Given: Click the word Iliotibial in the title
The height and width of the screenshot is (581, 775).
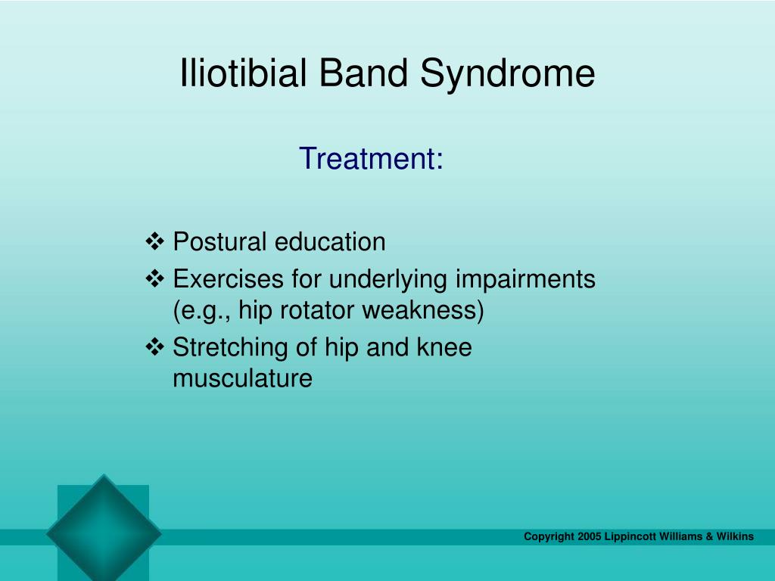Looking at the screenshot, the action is [x=243, y=73].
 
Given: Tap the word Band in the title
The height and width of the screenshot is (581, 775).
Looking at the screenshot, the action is [x=363, y=73].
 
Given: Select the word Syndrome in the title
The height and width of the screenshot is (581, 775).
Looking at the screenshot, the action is [x=508, y=75].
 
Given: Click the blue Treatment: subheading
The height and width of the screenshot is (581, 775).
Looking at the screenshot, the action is [x=371, y=158].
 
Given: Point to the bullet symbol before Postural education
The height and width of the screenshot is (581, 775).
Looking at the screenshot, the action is [x=155, y=241].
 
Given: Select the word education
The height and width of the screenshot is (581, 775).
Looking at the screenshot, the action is [x=330, y=241].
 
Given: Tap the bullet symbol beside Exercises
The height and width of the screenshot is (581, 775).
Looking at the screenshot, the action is [x=155, y=278].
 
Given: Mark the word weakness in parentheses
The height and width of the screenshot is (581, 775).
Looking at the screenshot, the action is [x=419, y=310].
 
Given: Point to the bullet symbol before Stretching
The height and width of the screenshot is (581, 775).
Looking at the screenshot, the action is [x=155, y=346].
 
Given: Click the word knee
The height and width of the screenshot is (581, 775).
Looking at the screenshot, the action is [x=444, y=346].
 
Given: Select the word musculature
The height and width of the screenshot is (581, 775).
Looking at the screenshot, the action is [x=243, y=378].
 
